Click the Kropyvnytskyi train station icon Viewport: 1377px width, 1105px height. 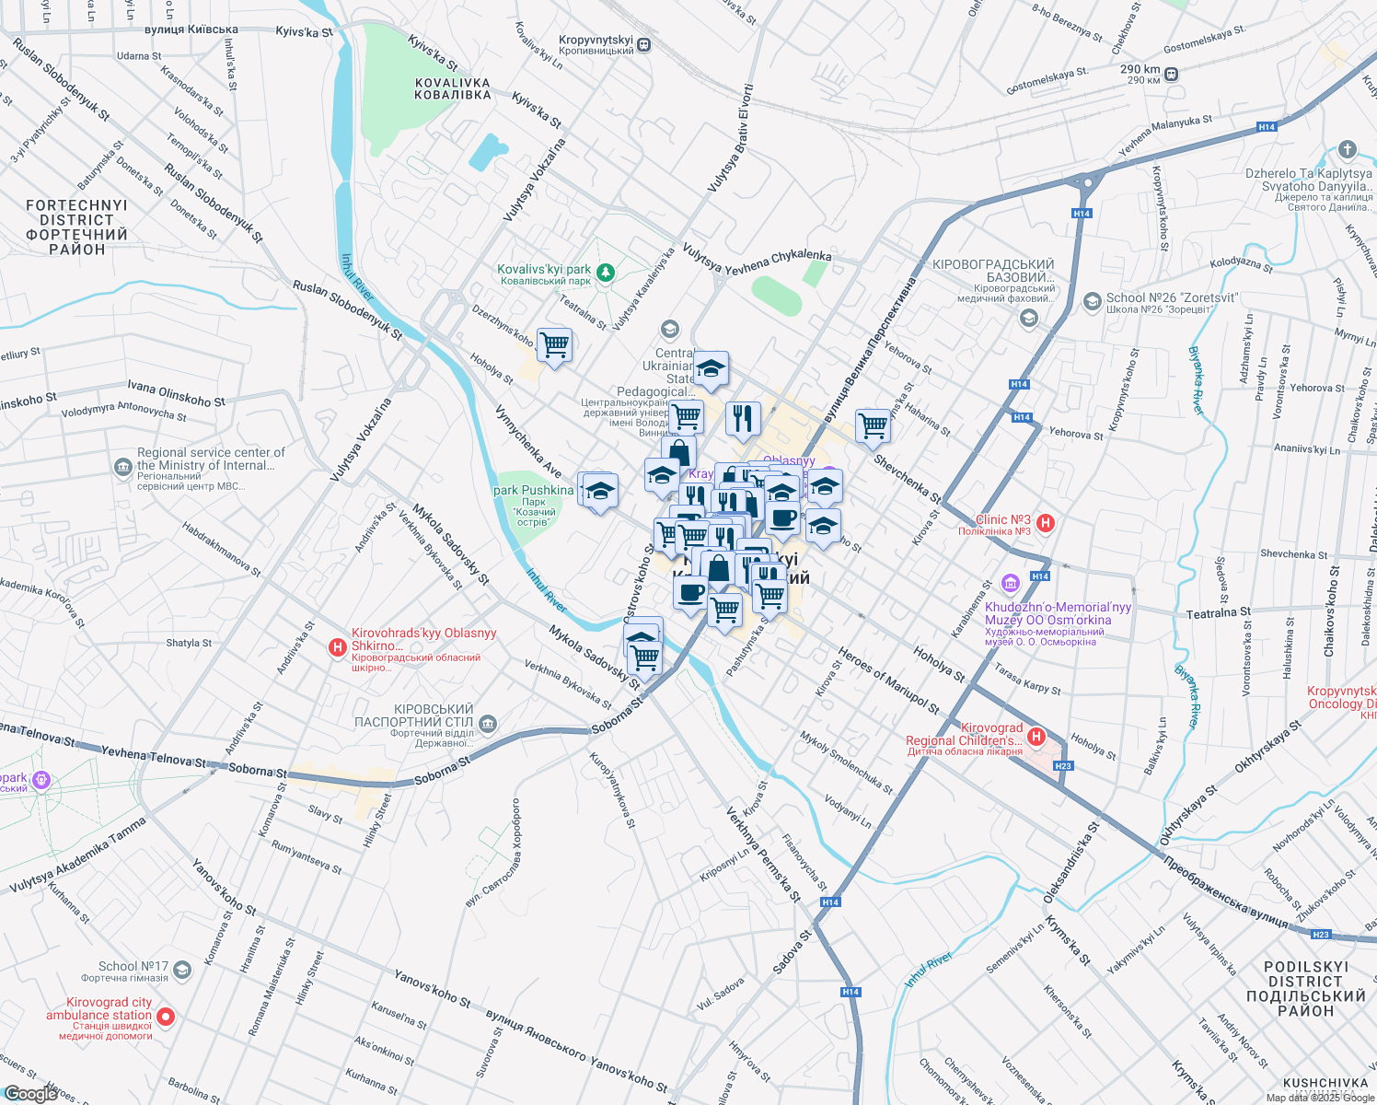(644, 44)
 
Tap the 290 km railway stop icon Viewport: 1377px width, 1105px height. (1172, 74)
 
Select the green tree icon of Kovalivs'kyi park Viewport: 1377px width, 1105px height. (605, 272)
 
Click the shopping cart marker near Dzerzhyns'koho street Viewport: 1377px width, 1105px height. (554, 346)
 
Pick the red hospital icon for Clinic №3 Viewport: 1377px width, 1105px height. (1045, 524)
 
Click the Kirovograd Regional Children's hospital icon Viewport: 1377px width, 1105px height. (1036, 736)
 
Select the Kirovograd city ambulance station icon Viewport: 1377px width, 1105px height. (166, 1017)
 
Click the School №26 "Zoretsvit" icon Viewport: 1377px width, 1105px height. (1093, 301)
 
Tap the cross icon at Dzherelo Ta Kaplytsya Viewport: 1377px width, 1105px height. (1348, 150)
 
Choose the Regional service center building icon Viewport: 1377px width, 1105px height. (123, 468)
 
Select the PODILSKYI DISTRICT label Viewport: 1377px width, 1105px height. (1305, 989)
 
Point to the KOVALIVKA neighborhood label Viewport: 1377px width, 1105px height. (453, 88)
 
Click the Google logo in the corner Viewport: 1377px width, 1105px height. (30, 1093)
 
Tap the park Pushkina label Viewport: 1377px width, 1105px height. (534, 491)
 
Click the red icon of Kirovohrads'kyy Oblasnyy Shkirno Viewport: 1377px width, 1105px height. (338, 648)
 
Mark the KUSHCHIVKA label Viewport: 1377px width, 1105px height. (1325, 1083)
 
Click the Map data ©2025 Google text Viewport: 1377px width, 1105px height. (1318, 1098)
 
